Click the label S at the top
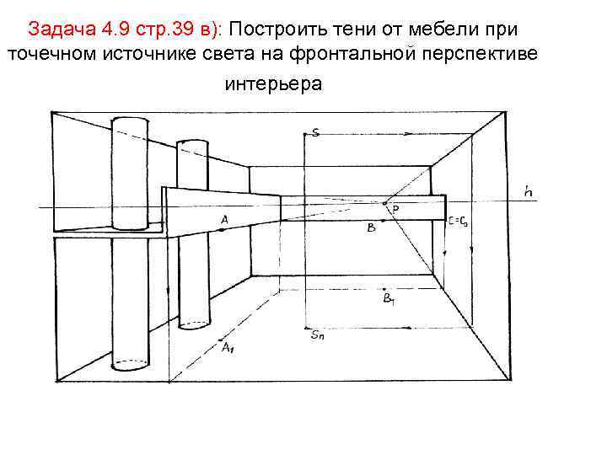tap(314, 132)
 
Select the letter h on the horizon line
tap(528, 192)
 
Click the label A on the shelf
tap(224, 220)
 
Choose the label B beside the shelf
tap(371, 227)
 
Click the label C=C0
tap(459, 222)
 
